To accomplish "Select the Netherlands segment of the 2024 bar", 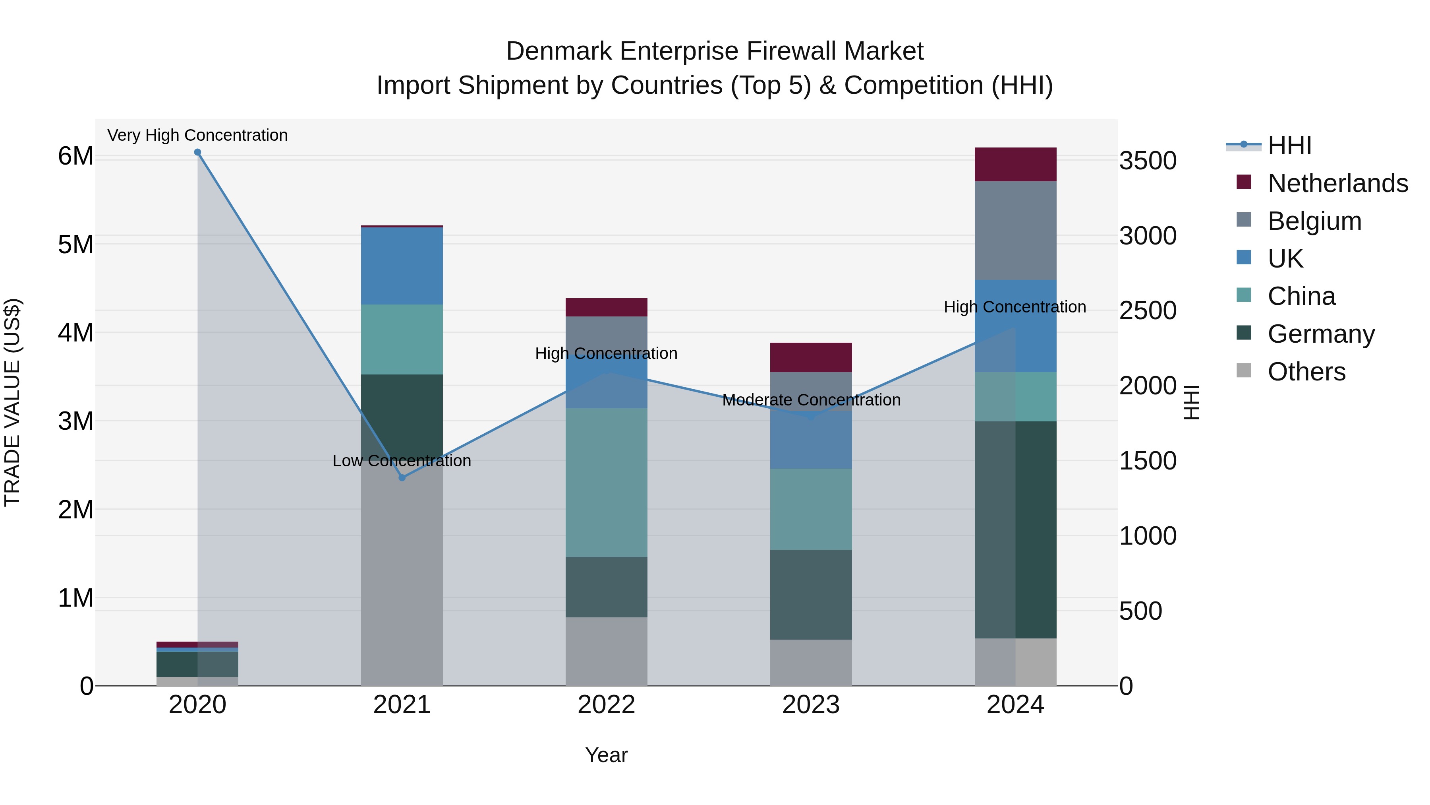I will point(1015,165).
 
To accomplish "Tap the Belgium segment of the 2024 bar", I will point(1015,231).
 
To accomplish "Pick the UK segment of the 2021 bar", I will point(402,266).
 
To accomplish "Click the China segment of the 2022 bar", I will point(606,482).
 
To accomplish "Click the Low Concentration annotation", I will point(402,461).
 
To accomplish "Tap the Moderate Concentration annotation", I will point(811,400).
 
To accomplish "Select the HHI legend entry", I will point(1289,145).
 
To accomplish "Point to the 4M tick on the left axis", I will point(75,333).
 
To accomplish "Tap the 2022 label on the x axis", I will point(606,705).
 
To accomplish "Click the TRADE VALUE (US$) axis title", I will point(12,402).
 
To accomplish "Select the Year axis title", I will point(606,755).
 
